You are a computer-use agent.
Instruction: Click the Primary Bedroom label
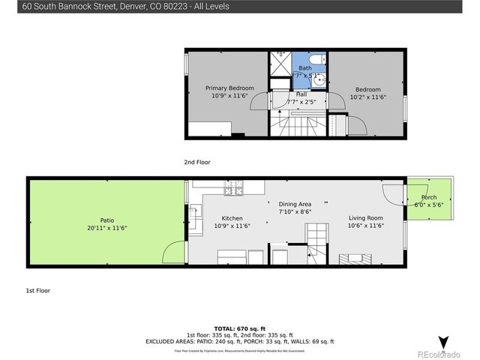pyautogui.click(x=229, y=88)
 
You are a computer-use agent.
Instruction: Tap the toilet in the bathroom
pyautogui.click(x=317, y=60)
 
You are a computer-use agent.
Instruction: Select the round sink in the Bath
pyautogui.click(x=319, y=77)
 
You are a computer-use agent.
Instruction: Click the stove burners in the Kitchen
pyautogui.click(x=232, y=189)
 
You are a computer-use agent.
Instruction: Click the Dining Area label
pyautogui.click(x=295, y=204)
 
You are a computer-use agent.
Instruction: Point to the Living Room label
pyautogui.click(x=365, y=217)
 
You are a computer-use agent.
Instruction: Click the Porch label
pyautogui.click(x=429, y=197)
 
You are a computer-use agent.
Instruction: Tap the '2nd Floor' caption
pyautogui.click(x=197, y=162)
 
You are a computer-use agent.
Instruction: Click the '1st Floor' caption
pyautogui.click(x=38, y=289)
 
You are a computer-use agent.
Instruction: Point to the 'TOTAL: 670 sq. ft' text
pyautogui.click(x=239, y=328)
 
